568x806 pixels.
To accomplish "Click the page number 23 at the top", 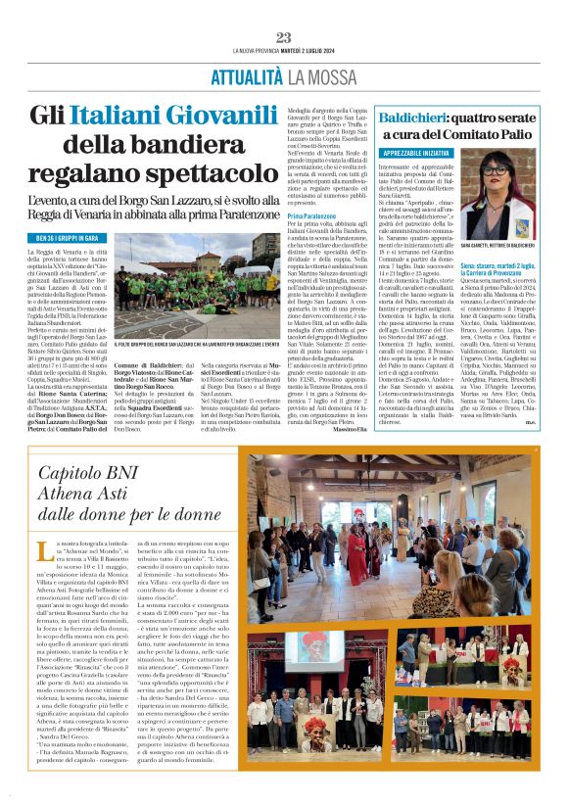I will point(284,37).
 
